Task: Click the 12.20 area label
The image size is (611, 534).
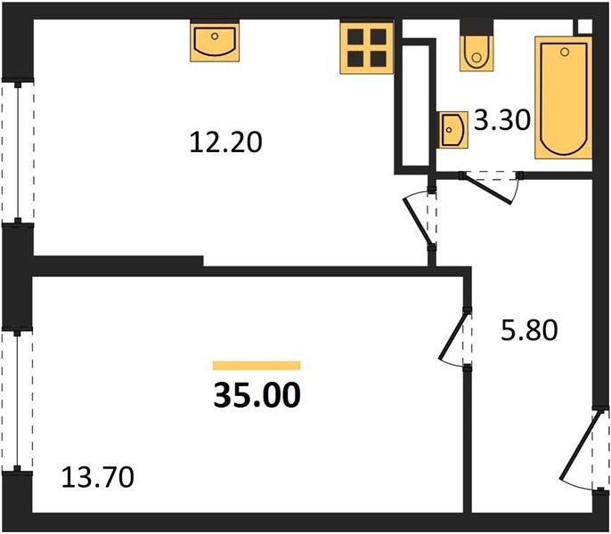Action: (226, 142)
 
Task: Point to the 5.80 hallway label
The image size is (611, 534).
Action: (528, 331)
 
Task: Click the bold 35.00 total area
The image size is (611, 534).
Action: (257, 392)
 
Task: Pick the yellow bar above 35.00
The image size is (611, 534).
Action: (257, 365)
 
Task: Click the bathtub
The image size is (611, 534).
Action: (564, 98)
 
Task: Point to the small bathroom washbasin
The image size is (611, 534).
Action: (452, 130)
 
